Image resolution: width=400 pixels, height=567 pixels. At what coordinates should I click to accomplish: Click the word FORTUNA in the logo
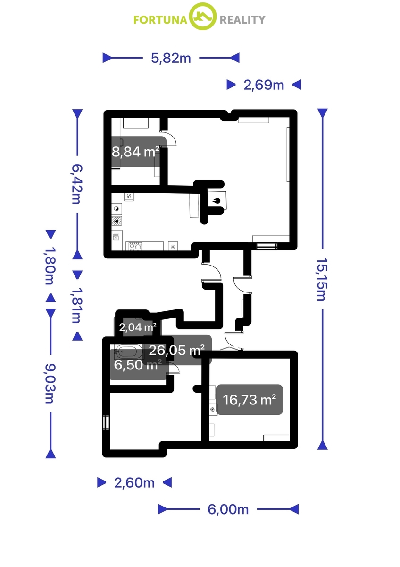(x=160, y=20)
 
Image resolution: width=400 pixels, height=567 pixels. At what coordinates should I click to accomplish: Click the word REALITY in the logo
(x=242, y=20)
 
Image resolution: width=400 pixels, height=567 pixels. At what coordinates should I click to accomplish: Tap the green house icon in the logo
(x=203, y=17)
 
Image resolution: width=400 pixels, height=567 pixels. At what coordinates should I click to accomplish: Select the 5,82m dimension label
(x=171, y=58)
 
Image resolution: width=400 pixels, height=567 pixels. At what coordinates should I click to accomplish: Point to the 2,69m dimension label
(x=264, y=85)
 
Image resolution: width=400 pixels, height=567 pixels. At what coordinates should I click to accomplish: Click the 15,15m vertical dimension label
(x=322, y=279)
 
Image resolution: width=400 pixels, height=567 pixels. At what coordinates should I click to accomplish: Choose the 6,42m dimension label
(x=77, y=184)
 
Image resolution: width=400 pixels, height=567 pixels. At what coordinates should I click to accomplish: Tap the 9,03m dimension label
(x=50, y=384)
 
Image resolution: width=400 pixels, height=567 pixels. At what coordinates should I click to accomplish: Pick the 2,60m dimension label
(x=134, y=483)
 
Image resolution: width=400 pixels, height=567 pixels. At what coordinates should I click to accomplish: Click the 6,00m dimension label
(x=228, y=509)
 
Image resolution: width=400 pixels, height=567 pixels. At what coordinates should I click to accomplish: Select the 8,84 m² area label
(x=136, y=152)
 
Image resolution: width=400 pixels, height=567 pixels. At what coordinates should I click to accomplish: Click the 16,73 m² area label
(x=250, y=400)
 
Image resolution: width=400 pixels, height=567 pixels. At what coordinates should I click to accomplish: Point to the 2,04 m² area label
(x=138, y=327)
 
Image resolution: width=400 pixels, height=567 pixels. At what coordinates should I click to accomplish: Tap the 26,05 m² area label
(x=176, y=350)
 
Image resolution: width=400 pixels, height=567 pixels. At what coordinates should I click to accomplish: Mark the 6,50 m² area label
(x=138, y=365)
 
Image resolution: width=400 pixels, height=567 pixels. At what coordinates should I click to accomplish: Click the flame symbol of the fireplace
(x=217, y=201)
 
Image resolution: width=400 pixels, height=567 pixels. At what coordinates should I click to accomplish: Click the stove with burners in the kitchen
(x=135, y=246)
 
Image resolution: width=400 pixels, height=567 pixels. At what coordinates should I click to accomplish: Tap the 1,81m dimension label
(x=77, y=305)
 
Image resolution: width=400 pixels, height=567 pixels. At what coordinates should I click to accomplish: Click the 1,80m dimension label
(x=50, y=266)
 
